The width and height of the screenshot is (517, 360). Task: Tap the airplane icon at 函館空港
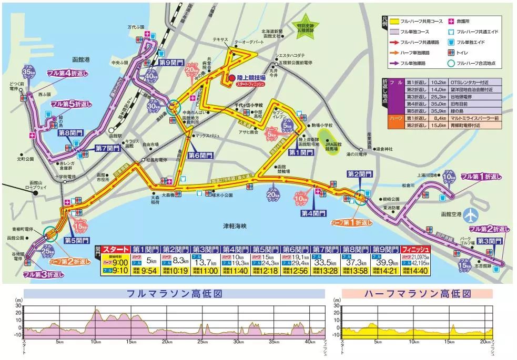click(471, 214)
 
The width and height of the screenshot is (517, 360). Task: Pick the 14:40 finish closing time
click(415, 271)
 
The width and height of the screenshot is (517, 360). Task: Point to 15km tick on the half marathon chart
click(449, 342)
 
